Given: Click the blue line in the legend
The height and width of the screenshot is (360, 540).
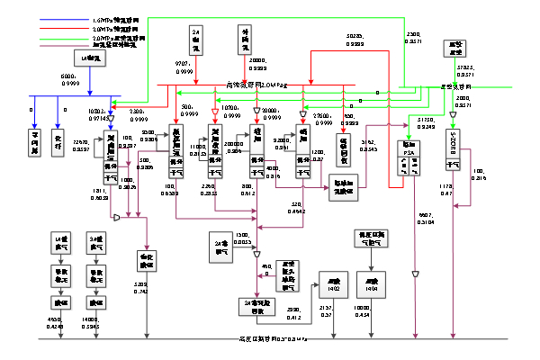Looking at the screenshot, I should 66,18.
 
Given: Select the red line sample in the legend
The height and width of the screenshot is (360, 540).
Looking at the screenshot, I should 66,28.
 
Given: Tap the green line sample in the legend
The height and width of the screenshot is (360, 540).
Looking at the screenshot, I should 66,39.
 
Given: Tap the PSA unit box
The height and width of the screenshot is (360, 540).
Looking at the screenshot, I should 408,159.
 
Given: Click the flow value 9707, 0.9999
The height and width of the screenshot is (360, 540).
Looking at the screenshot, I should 184,67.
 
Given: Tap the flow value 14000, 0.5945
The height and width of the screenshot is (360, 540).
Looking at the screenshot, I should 90,323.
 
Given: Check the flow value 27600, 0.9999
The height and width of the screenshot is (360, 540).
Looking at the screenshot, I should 321,119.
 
